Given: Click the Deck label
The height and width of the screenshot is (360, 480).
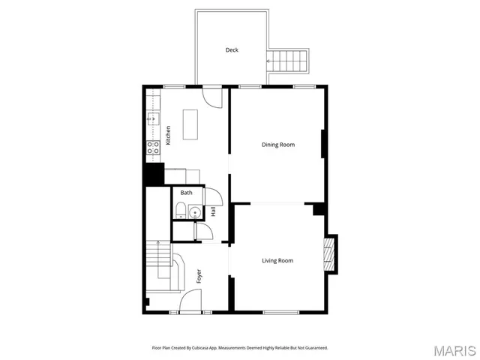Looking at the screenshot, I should [x=232, y=50].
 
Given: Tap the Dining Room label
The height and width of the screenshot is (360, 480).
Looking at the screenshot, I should [x=277, y=145].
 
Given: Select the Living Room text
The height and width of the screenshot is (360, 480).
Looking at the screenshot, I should [x=277, y=261].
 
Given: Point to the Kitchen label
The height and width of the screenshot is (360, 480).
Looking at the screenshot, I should [x=169, y=135].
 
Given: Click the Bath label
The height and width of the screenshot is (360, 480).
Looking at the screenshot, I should [x=186, y=193].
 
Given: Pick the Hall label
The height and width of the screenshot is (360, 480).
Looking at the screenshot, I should [x=213, y=212].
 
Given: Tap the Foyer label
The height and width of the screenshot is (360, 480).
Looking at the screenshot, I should [x=199, y=276].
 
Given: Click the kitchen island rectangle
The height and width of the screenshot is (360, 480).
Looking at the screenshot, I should [x=190, y=124].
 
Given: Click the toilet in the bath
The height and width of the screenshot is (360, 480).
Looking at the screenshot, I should [x=181, y=212].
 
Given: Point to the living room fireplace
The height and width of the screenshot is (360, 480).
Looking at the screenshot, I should [x=328, y=254].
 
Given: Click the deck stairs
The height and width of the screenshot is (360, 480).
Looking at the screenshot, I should [x=289, y=61].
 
